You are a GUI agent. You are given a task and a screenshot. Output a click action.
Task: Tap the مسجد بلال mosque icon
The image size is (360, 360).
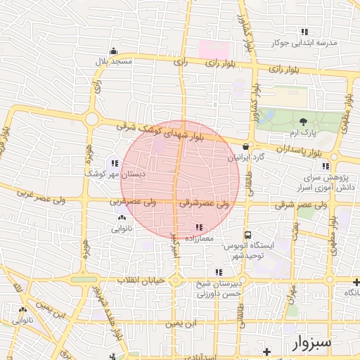pos(114,51)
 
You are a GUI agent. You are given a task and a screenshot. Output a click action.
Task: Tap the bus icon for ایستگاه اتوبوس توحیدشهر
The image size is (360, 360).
pos(247,236)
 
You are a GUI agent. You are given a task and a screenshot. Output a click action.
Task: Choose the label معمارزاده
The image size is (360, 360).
pos(198,239)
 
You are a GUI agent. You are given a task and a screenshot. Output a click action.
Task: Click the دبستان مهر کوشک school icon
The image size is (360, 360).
pos(115,163)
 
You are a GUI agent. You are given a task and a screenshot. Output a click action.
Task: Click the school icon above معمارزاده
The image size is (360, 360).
pos(199,227)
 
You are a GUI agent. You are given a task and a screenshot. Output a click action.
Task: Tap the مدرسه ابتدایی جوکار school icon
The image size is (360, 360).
pos(304,32)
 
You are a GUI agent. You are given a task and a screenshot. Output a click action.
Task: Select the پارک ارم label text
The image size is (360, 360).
pos(304,133)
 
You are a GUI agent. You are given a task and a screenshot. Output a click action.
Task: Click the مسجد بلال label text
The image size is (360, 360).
pos(114,62)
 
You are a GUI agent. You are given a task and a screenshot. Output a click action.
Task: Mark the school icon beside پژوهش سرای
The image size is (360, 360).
pos(325,166)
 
